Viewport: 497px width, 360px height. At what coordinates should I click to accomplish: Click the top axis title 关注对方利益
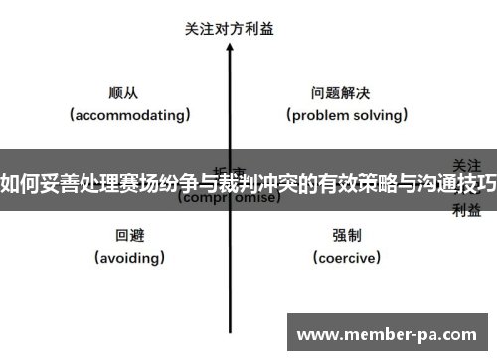click(230, 29)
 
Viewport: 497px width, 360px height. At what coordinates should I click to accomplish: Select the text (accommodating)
click(129, 115)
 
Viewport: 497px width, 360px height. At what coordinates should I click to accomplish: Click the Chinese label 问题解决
click(341, 93)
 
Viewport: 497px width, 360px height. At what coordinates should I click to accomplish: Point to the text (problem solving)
click(347, 115)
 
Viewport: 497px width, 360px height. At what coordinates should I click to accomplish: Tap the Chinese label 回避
click(129, 236)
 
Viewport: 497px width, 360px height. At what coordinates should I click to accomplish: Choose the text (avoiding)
click(129, 257)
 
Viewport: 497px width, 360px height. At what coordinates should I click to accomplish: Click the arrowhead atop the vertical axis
click(230, 49)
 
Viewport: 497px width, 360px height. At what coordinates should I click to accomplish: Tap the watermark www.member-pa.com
click(390, 333)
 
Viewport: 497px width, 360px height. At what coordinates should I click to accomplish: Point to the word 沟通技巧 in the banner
click(456, 182)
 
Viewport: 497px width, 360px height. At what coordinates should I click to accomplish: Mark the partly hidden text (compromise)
click(229, 198)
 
